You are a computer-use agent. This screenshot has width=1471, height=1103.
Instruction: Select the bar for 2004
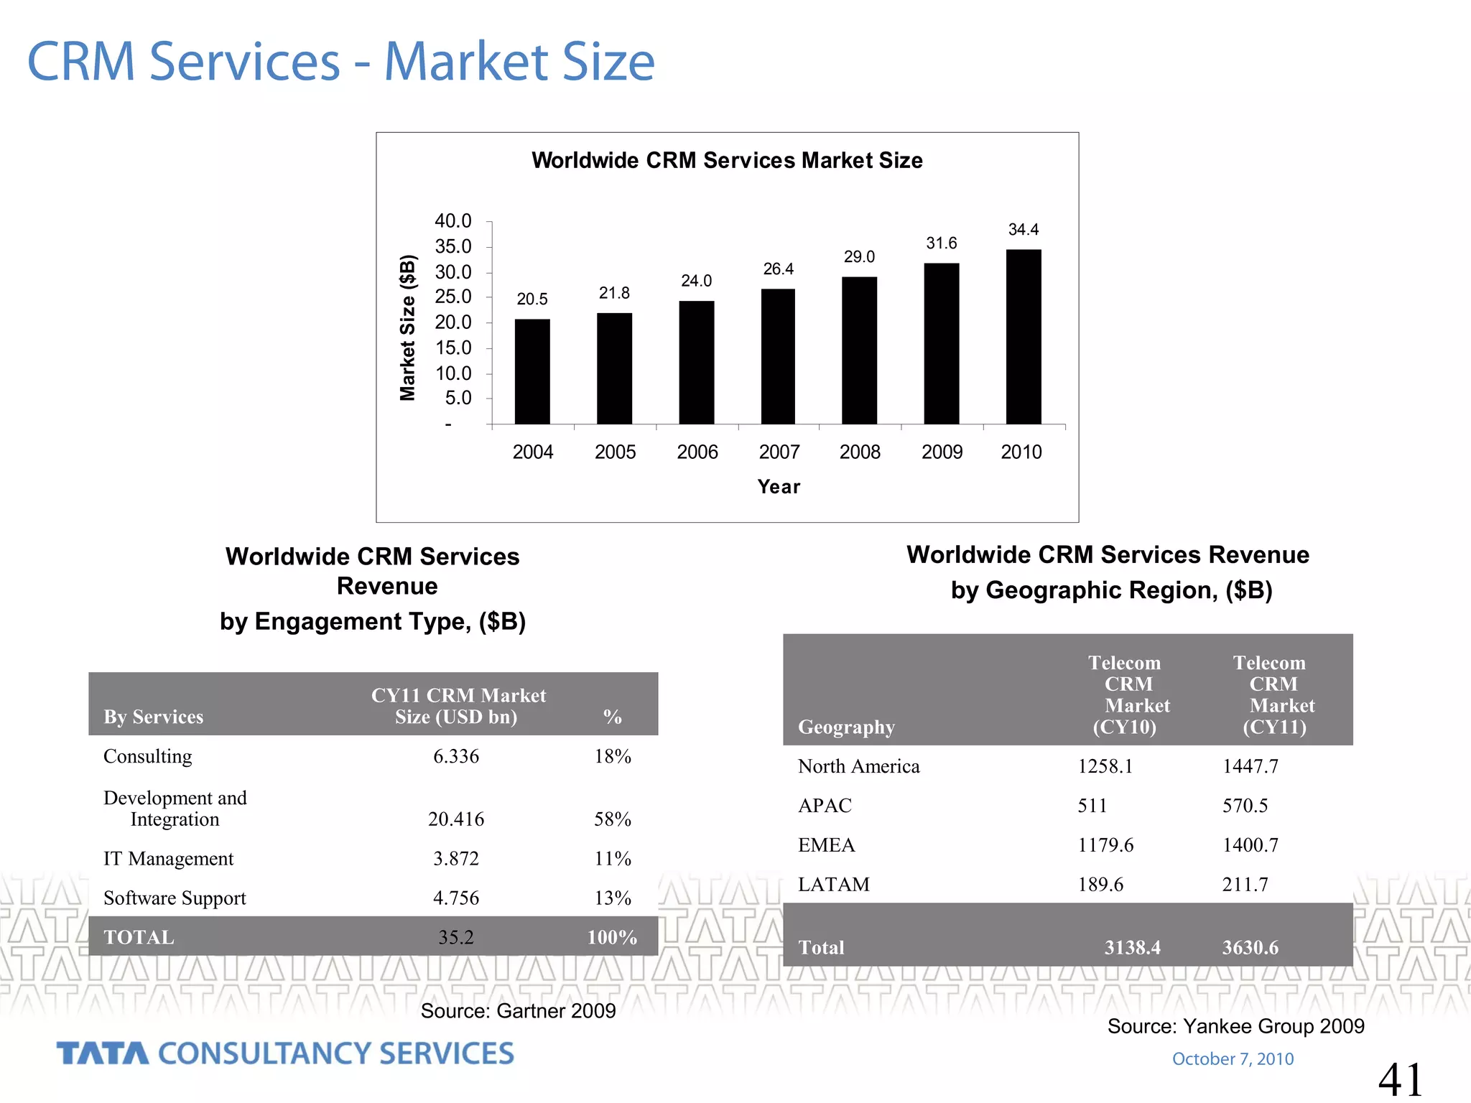point(532,371)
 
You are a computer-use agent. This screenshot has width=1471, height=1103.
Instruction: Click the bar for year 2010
point(1023,337)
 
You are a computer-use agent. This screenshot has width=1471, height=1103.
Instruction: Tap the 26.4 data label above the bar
point(778,269)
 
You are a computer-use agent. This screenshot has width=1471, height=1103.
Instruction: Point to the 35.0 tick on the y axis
point(453,247)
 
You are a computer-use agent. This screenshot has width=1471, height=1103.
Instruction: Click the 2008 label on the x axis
point(860,452)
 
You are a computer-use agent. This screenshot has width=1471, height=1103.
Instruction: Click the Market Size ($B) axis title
point(407,327)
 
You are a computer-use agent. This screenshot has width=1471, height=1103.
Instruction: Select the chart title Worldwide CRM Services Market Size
point(727,160)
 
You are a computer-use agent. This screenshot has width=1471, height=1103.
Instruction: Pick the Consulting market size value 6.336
point(455,757)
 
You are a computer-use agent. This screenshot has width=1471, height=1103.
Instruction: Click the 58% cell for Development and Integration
point(612,819)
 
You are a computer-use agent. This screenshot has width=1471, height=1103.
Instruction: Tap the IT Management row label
point(169,859)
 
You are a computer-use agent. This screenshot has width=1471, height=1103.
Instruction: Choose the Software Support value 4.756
point(455,898)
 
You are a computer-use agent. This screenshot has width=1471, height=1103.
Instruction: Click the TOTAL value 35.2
point(455,938)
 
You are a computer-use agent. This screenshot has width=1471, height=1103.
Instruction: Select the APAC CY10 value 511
point(1092,806)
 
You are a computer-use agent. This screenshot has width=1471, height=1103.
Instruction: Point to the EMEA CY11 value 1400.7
point(1250,845)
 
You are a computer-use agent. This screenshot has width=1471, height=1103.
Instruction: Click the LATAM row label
point(833,885)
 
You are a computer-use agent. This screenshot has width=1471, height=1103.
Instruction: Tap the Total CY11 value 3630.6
point(1250,948)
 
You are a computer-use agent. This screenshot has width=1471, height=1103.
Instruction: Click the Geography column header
point(846,727)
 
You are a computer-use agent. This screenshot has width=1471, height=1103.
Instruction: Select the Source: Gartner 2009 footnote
point(518,1011)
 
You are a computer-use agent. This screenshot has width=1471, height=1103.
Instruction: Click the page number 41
point(1400,1079)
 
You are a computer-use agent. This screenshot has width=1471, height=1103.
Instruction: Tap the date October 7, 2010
point(1233,1059)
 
